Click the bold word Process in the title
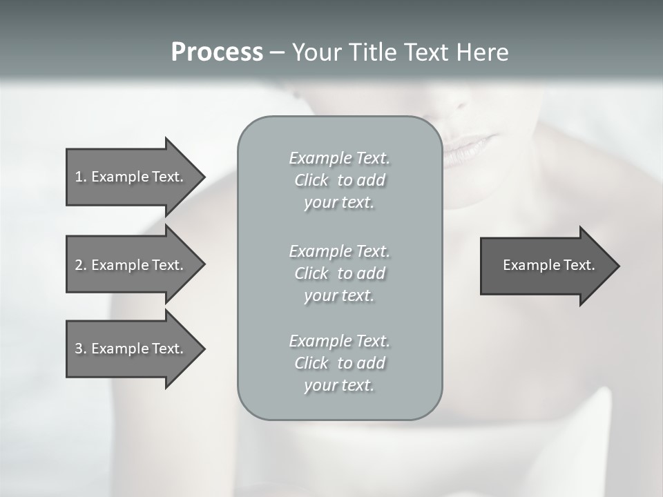tap(217, 52)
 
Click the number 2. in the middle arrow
tap(80, 265)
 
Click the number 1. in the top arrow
tap(80, 177)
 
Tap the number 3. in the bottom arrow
tap(80, 349)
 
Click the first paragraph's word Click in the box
tap(311, 180)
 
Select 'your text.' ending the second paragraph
tap(339, 295)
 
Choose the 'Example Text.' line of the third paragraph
tap(339, 341)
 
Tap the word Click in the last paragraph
tap(311, 363)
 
